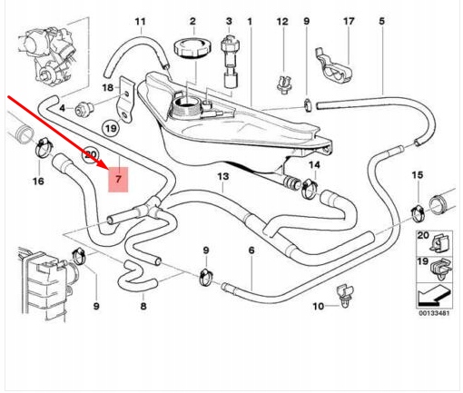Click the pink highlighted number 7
coord(118,180)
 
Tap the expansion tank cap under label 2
coord(192,47)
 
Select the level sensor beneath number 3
coord(230,62)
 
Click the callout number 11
coord(140,22)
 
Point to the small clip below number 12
coord(285,84)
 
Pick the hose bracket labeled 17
coord(333,67)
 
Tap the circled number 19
coord(111,129)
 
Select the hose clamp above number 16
coord(44,147)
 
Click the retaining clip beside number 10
coord(345,296)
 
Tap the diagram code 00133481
coord(434,313)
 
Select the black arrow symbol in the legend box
coord(434,297)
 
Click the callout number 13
coord(223,176)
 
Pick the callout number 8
coord(143,306)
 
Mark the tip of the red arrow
coord(108,167)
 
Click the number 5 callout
coord(381,21)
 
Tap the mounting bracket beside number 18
coord(124,99)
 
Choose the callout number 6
coord(251,251)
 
